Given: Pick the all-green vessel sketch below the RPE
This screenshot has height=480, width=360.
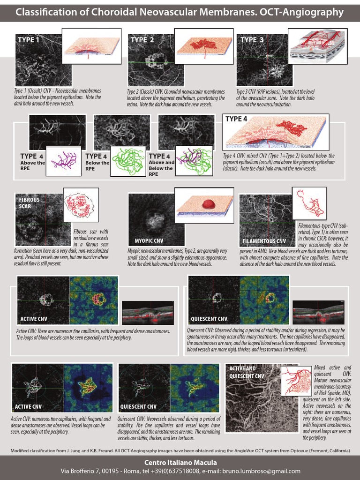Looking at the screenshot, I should (127, 162).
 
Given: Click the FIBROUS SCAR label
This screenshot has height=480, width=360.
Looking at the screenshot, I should (29, 203).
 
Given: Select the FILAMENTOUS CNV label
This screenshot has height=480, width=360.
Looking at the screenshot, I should (264, 241).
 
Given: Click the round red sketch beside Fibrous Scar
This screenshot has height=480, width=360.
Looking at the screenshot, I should (81, 204).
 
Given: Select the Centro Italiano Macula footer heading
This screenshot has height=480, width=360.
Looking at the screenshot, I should (180, 463).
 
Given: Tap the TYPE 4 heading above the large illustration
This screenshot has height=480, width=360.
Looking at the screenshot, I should (236, 119).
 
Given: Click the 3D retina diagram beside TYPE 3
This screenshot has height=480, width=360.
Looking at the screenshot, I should (316, 46).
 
